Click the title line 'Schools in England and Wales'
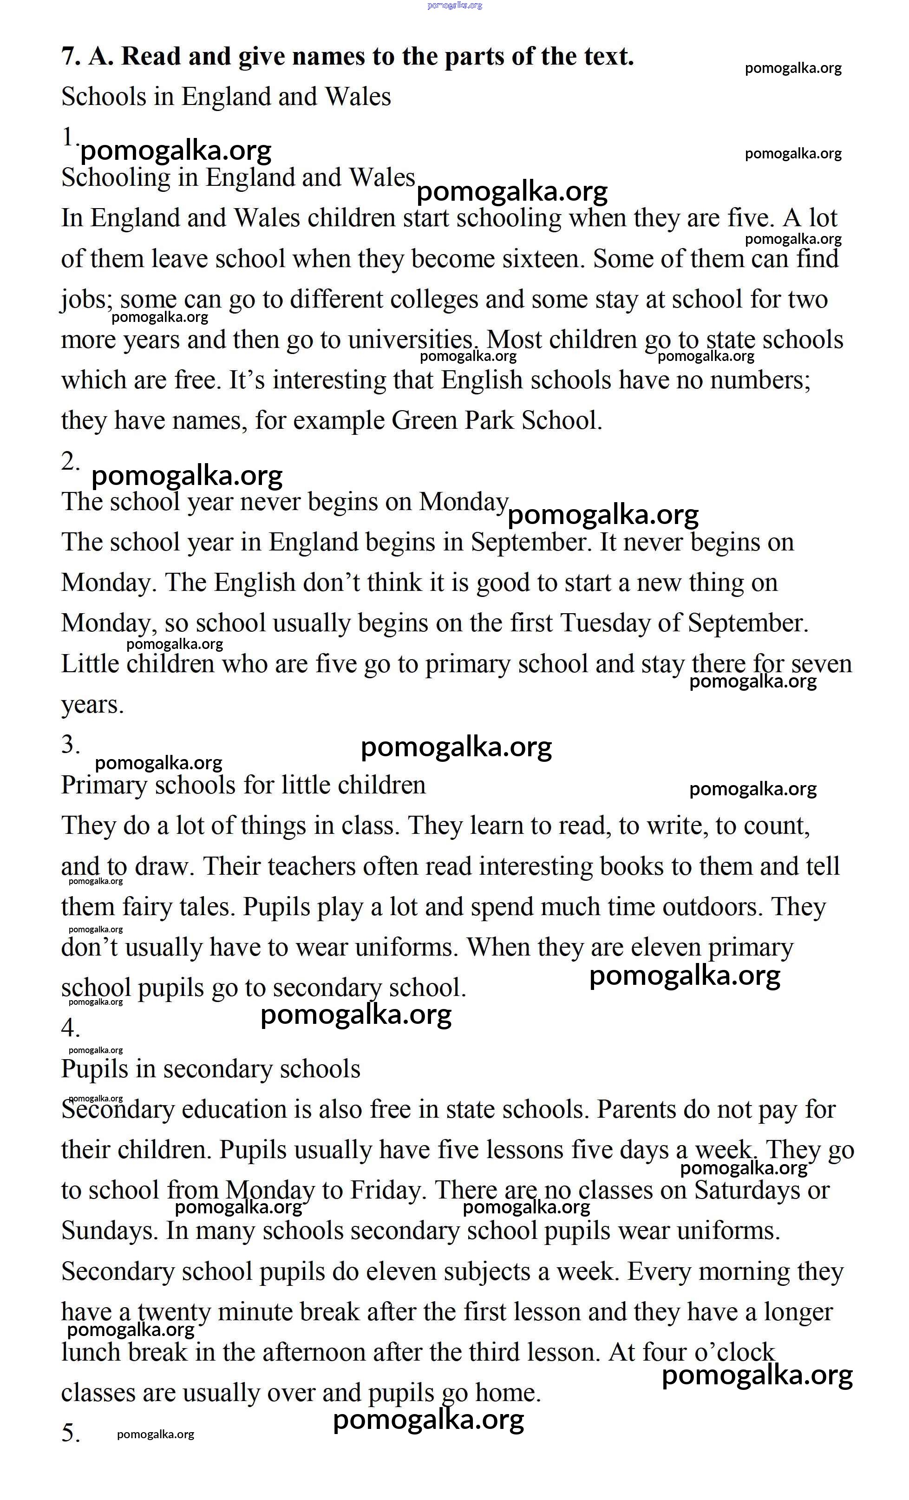[226, 97]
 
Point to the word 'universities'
[411, 340]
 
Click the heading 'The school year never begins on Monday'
[284, 502]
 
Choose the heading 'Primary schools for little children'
[243, 786]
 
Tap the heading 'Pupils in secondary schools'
[211, 1069]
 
